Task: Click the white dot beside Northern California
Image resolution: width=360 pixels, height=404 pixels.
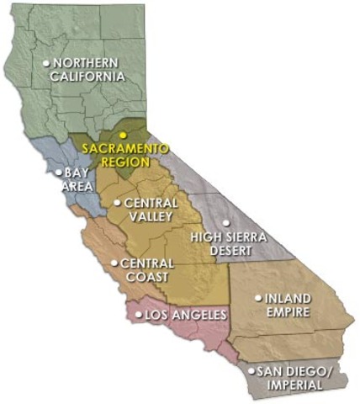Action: tap(46, 63)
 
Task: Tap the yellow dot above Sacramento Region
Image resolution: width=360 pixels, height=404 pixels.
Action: tap(122, 135)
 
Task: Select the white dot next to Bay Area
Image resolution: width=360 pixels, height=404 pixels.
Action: tap(58, 173)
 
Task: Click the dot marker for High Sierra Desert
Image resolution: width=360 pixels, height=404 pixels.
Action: tap(225, 223)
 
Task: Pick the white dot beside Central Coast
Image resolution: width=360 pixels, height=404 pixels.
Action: tap(114, 263)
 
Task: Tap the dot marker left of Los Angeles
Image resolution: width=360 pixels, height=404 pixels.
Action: tap(140, 316)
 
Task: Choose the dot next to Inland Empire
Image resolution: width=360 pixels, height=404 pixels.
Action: tap(258, 297)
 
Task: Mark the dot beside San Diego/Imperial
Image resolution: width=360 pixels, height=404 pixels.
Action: tap(251, 369)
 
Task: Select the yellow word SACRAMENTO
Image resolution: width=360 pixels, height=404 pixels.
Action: tap(124, 149)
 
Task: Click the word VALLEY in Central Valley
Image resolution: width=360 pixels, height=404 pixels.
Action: tap(151, 216)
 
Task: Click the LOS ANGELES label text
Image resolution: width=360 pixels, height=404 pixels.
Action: tap(186, 316)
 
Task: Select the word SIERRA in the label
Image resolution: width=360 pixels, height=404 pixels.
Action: tap(246, 237)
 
